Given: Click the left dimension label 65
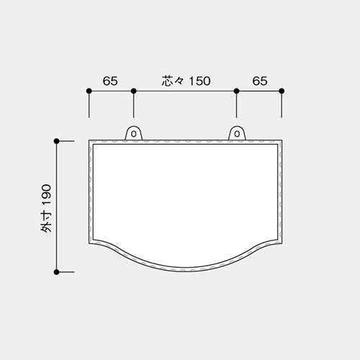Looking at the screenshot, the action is point(110,81).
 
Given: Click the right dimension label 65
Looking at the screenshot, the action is point(260,81).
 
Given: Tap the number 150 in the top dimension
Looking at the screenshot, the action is point(199,81).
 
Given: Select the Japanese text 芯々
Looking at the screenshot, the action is point(173,81).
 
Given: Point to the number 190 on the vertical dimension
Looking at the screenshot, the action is point(46,195).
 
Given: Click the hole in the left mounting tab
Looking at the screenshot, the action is point(134,134).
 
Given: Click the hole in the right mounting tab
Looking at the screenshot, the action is point(237,134).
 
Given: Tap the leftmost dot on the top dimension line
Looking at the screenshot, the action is point(89,91).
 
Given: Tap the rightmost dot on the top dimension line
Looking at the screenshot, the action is point(282,91).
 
